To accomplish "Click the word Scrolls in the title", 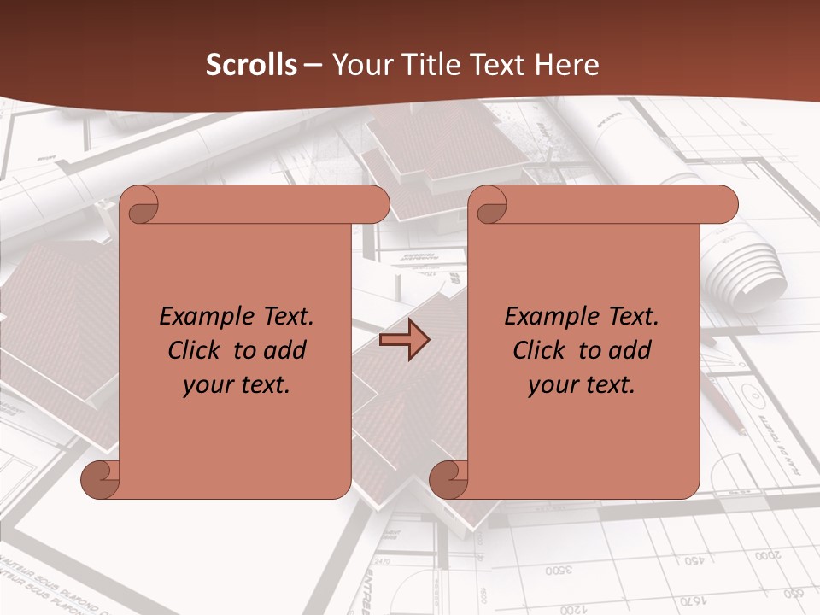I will point(251,65).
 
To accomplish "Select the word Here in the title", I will point(568,65).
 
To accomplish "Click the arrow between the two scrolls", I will point(404,340).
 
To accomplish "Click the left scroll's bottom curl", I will point(101,480).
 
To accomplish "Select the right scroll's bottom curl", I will point(449,480).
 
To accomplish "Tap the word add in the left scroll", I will point(285,350).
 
